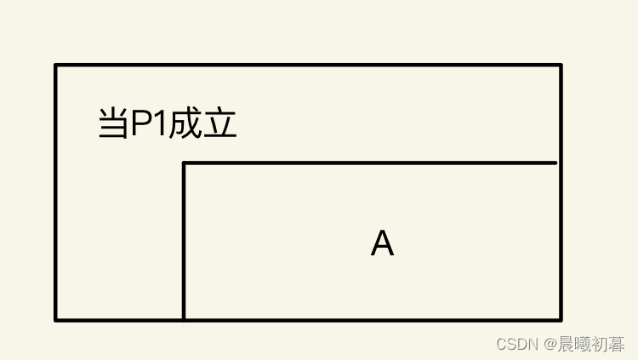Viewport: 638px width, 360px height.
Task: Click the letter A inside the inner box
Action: (x=382, y=245)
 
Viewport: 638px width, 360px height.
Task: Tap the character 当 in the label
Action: (x=113, y=125)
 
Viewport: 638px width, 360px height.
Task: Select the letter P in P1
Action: (x=140, y=125)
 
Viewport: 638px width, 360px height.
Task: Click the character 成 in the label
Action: (x=185, y=125)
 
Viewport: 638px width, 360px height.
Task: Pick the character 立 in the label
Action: (x=219, y=125)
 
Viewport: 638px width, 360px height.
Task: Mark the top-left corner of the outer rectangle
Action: (x=56, y=65)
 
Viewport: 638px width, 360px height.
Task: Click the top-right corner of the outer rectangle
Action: (x=561, y=65)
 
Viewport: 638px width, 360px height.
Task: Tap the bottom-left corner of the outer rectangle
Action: (x=56, y=320)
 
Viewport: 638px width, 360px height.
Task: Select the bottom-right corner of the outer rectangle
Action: (x=561, y=320)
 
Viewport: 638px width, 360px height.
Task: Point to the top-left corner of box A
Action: (x=185, y=163)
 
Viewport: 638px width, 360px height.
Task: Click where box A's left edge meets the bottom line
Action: (x=185, y=320)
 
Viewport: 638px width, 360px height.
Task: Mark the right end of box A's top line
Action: (x=555, y=163)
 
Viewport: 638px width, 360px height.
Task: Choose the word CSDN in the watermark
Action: (x=514, y=344)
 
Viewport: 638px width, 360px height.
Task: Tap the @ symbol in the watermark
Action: (x=549, y=344)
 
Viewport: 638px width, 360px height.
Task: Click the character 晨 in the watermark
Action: (x=567, y=344)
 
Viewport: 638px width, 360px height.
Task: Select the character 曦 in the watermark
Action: (x=584, y=344)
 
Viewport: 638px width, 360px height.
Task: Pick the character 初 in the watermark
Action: (x=601, y=344)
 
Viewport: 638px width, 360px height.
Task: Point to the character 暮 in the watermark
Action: (x=618, y=344)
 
